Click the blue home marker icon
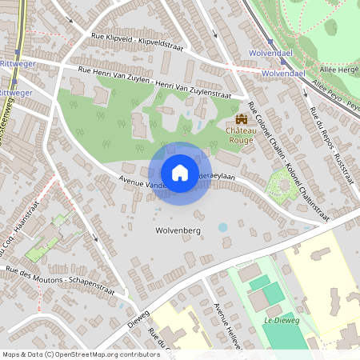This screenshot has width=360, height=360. [180, 173]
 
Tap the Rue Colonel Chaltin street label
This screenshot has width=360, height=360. [277, 145]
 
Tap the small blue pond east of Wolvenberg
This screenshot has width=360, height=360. [222, 227]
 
